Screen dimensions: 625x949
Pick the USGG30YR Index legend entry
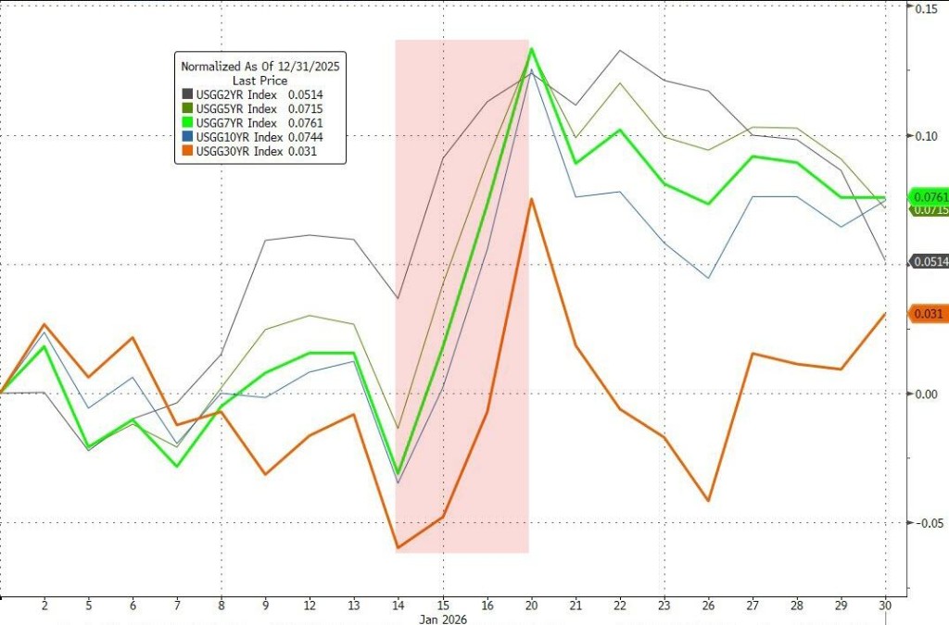click(250, 150)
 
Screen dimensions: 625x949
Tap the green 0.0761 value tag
click(930, 196)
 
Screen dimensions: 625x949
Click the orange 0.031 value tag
click(928, 315)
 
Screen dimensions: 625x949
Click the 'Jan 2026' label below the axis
click(444, 619)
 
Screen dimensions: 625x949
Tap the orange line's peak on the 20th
click(530, 199)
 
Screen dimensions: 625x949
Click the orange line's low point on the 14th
click(398, 548)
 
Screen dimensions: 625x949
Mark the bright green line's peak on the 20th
click(530, 48)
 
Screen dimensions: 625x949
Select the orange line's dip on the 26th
click(709, 501)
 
